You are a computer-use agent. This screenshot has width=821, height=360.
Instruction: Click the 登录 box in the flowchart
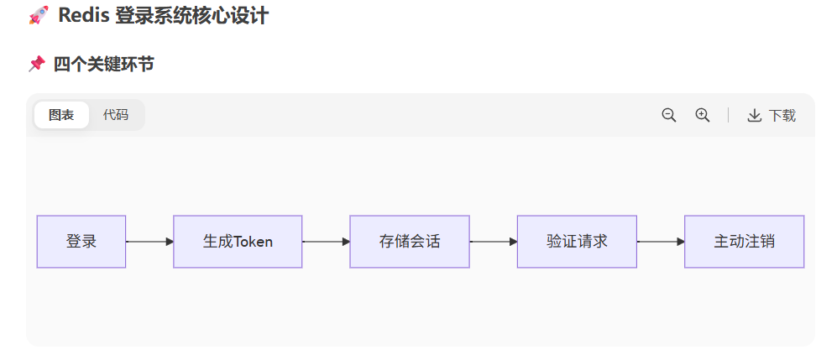(x=81, y=242)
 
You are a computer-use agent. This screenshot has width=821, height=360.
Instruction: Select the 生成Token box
(x=238, y=242)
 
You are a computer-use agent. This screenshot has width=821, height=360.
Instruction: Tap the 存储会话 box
(x=410, y=242)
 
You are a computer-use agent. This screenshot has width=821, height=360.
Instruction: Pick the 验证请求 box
(x=577, y=242)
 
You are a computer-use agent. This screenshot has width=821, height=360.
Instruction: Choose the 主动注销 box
(x=745, y=242)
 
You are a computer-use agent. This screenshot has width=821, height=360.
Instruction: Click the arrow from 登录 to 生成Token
(x=149, y=242)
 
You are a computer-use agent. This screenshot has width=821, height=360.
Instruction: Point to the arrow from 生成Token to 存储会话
(x=326, y=242)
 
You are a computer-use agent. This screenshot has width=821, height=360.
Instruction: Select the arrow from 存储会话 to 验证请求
(x=494, y=242)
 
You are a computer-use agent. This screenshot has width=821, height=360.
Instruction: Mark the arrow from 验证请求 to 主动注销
(x=661, y=242)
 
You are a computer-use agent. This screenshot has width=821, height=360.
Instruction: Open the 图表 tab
(x=61, y=115)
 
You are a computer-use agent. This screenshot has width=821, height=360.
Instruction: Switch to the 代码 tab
(x=116, y=115)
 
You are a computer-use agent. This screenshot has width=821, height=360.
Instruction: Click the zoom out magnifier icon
(x=669, y=115)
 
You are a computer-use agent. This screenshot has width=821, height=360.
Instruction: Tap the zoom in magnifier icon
(x=703, y=115)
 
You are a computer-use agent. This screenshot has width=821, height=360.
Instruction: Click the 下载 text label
(x=782, y=116)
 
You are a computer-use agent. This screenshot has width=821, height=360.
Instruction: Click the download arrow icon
(x=755, y=116)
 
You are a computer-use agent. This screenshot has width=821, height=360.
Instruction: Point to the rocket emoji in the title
(x=38, y=15)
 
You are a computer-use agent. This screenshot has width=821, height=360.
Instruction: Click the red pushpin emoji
(x=36, y=64)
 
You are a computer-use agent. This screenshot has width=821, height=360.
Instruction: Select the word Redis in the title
(x=85, y=15)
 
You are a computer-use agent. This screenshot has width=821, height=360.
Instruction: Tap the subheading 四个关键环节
(x=103, y=64)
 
